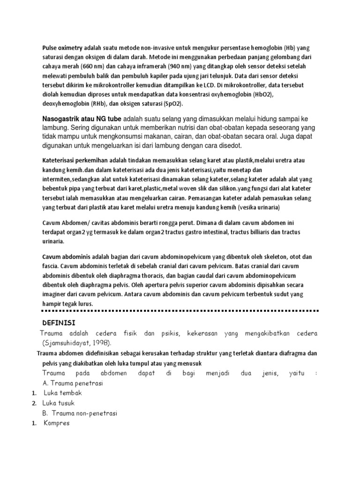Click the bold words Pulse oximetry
coord(62,48)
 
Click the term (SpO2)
coord(171,103)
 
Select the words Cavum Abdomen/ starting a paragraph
coord(65,223)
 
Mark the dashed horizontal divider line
coord(180,310)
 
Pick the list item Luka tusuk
coord(59,403)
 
